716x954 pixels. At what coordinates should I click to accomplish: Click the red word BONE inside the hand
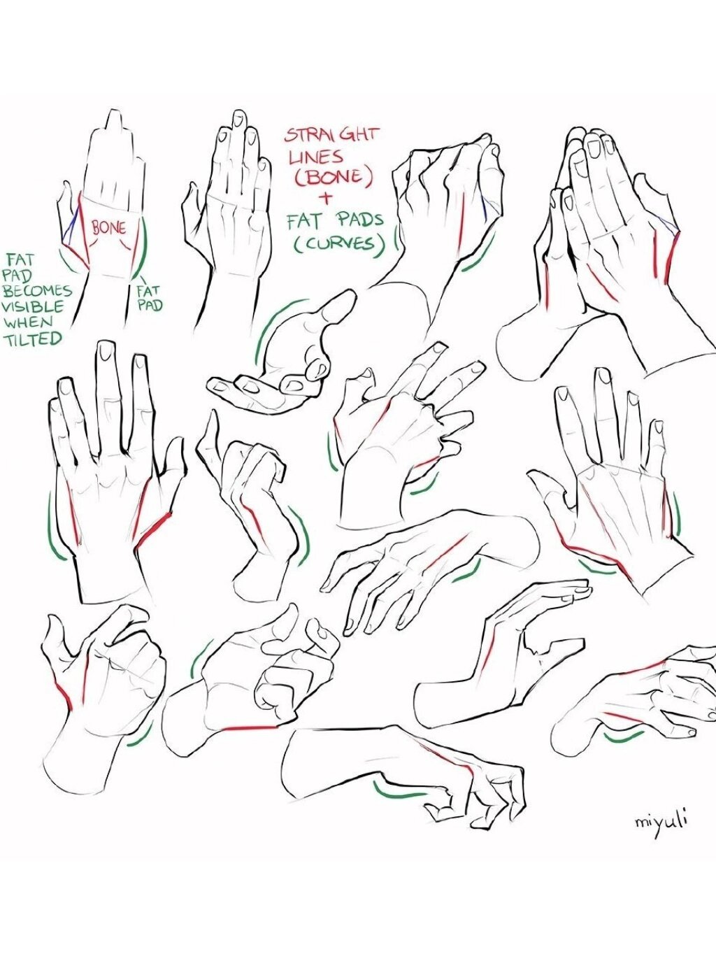(108, 227)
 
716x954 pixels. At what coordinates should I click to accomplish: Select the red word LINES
(316, 157)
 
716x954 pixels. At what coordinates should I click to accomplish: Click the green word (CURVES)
(339, 245)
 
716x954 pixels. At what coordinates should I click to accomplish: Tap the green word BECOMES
(38, 291)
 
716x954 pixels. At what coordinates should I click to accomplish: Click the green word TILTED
(33, 339)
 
